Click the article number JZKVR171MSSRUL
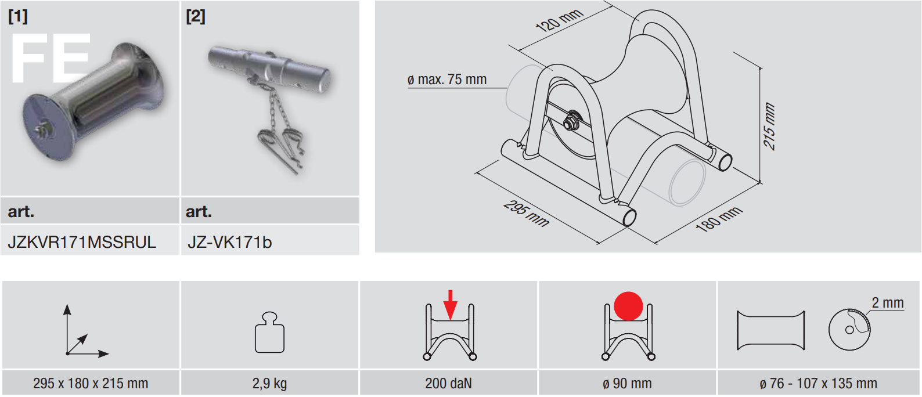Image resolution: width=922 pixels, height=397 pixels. (82, 242)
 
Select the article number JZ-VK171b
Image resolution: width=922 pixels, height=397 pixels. (230, 242)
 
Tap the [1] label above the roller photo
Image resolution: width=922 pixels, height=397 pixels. (18, 16)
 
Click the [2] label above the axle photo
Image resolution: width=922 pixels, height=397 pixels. (196, 16)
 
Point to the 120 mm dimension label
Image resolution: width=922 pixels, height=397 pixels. (559, 20)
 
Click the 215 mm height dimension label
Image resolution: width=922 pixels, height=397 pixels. (769, 126)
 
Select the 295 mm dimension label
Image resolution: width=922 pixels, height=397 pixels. (527, 214)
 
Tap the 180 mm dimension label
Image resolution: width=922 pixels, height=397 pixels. (719, 219)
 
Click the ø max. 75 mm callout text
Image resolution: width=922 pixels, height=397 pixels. (447, 79)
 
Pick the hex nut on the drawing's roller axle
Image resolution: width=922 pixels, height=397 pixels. (571, 121)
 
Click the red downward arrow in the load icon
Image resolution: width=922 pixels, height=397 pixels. (451, 305)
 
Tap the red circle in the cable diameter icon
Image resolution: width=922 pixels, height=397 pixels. (628, 306)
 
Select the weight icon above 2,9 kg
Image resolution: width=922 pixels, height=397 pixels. (269, 332)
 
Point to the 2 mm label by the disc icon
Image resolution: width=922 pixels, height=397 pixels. (887, 303)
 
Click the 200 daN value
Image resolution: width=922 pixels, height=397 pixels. (448, 384)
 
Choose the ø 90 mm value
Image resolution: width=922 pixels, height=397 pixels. (627, 384)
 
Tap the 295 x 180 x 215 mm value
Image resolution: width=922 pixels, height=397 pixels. (91, 384)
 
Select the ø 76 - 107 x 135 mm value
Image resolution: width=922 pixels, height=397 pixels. (818, 384)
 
